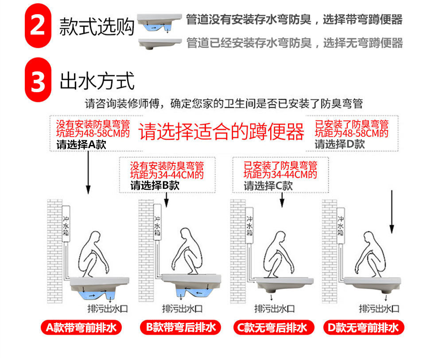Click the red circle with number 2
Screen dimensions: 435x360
pos(38,26)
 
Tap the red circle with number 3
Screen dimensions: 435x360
pos(38,80)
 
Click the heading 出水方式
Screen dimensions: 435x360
pos(97,81)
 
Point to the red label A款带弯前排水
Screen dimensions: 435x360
pos(81,328)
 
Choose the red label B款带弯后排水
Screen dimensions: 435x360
pos(181,328)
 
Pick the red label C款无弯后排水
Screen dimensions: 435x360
pos(274,328)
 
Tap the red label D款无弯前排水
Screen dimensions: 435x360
pos(364,328)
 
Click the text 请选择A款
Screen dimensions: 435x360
pos(81,145)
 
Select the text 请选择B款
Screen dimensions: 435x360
pos(155,185)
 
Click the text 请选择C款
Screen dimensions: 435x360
pos(268,186)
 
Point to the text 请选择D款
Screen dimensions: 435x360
pos(340,144)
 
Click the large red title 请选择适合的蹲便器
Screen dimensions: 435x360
pos(221,131)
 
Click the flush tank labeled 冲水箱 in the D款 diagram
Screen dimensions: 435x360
pos(340,226)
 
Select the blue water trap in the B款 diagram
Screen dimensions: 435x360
pos(194,292)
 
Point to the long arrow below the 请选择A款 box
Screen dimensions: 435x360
pos(88,172)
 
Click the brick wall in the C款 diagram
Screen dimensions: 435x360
pos(238,251)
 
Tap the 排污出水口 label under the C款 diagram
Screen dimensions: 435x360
pos(274,309)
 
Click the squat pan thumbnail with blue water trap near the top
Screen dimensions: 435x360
pos(159,23)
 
